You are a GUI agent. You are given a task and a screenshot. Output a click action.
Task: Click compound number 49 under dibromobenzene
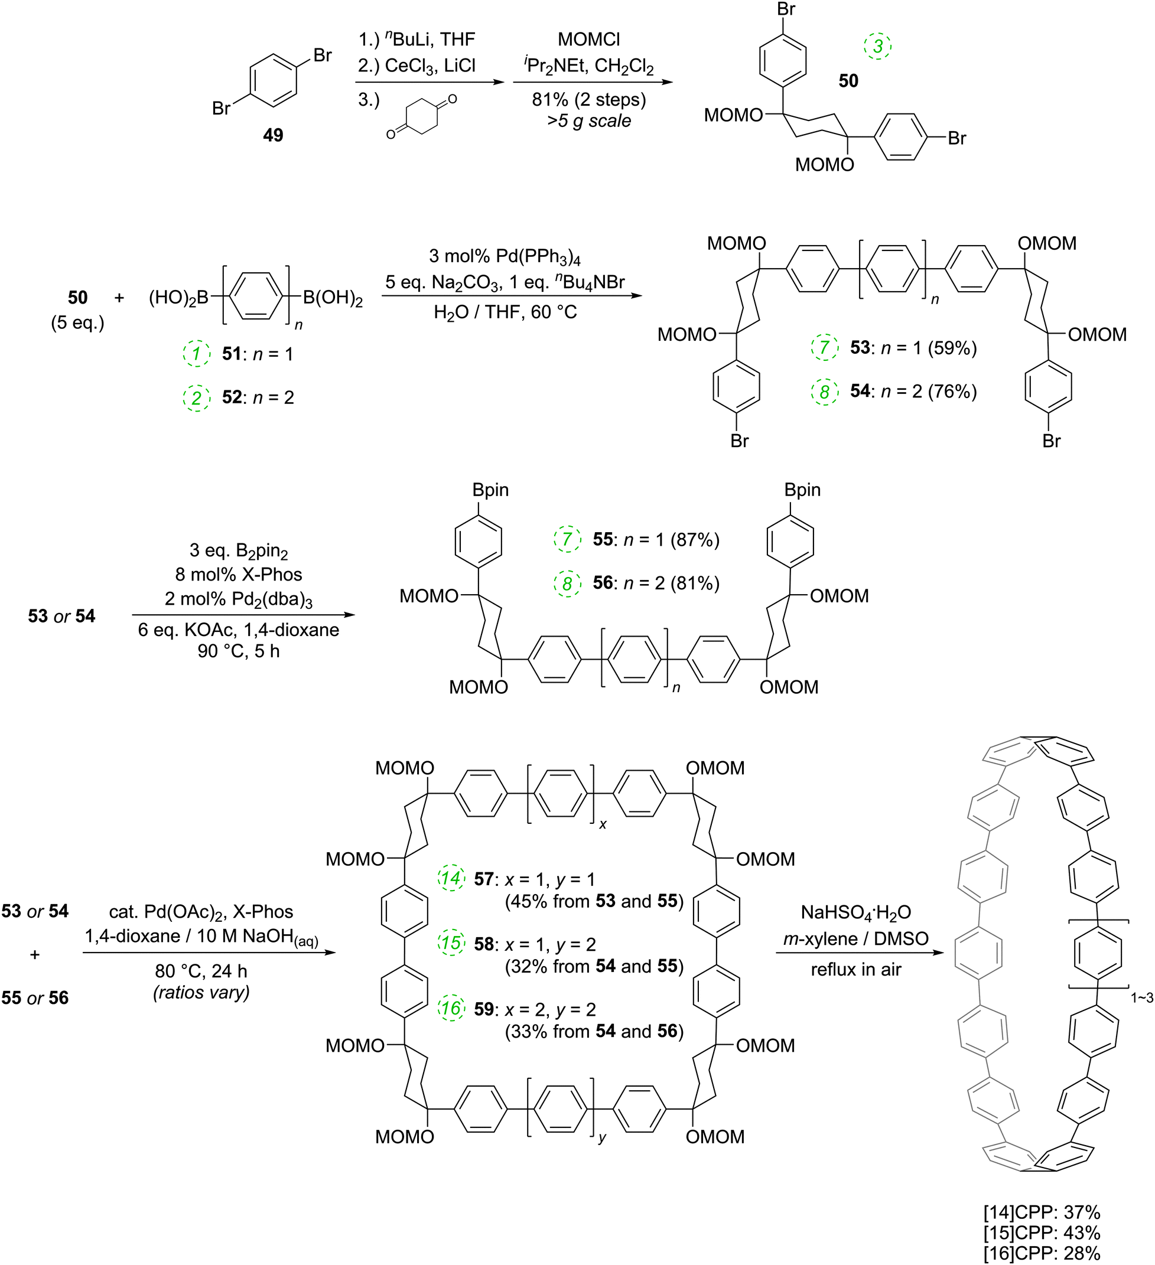point(273,135)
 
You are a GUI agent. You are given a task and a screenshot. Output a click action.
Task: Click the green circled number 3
point(877,46)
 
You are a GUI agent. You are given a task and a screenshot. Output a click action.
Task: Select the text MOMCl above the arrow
point(588,40)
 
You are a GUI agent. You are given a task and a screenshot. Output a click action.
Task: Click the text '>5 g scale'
point(588,120)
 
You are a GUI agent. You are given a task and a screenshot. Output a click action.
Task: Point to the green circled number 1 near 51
point(197,354)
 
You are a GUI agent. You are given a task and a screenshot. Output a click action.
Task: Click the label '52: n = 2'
point(258,397)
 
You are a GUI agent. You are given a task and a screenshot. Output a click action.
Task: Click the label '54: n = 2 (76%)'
point(913,391)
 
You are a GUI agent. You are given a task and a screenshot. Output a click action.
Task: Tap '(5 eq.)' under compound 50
point(77,322)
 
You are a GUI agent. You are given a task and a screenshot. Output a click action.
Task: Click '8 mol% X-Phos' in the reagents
point(239,574)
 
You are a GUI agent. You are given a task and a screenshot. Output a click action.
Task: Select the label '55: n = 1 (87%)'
point(655,540)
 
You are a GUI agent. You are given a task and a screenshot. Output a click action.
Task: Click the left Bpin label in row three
point(490,490)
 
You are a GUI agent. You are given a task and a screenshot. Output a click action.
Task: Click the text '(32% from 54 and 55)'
point(594,966)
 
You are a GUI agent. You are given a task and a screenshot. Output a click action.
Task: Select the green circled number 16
point(451,1008)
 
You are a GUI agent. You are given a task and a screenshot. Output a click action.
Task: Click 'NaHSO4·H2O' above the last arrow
point(855,912)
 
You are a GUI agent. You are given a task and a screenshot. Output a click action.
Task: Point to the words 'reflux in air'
point(855,970)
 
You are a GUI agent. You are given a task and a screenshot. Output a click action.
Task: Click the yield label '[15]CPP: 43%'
point(1042,1233)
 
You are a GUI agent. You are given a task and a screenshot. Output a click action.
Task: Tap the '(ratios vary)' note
point(201,992)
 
